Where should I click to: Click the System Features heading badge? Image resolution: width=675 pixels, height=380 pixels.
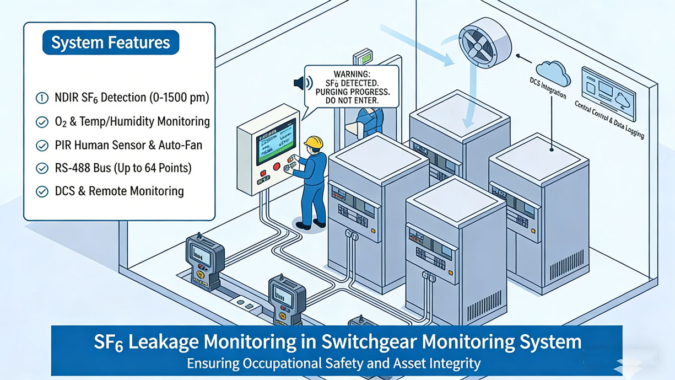click(110, 43)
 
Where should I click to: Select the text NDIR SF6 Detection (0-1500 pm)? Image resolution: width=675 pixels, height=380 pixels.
click(132, 98)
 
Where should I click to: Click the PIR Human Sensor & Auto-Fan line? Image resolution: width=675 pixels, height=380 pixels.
click(128, 145)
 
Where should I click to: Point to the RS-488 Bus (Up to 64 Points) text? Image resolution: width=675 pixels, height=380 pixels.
click(123, 168)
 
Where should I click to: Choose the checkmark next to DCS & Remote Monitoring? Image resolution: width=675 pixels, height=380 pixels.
click(41, 191)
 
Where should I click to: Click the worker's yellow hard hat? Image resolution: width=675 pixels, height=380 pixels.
click(314, 142)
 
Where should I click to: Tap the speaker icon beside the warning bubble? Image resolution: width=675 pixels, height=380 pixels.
click(303, 83)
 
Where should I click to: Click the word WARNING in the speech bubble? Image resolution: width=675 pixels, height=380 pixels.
click(352, 74)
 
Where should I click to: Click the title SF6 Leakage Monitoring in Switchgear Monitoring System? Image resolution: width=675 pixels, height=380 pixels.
click(337, 341)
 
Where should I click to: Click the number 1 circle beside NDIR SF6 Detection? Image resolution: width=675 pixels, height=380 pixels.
click(41, 98)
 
